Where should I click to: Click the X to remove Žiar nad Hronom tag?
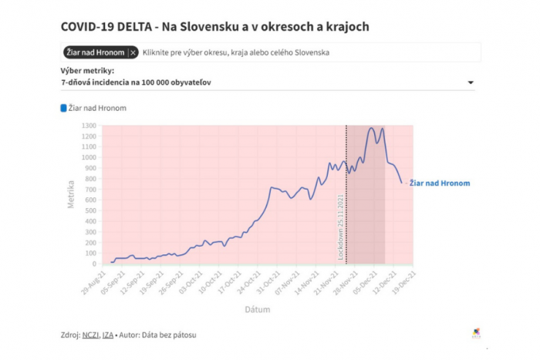tap(133, 52)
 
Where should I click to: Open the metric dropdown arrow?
tap(471, 82)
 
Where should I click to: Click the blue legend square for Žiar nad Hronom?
tap(64, 108)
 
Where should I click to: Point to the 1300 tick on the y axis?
tap(89, 126)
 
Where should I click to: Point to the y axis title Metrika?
tap(71, 193)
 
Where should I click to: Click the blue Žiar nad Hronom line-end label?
tap(439, 183)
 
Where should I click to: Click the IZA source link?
tap(108, 335)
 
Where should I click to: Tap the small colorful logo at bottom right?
tap(476, 334)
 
